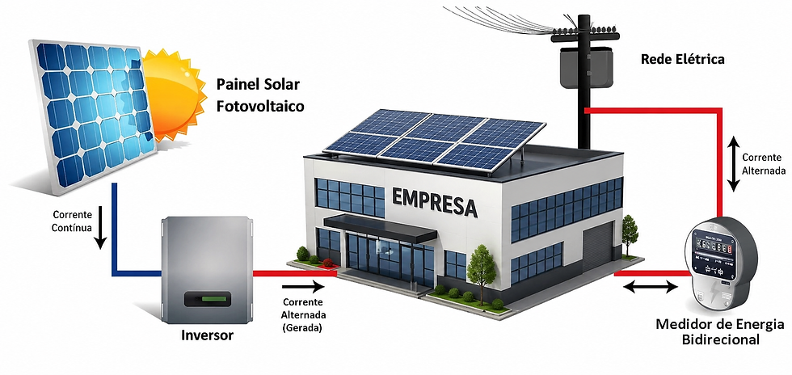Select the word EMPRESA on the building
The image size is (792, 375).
[435, 202]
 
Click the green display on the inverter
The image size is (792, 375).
[208, 300]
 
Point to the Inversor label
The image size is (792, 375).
[207, 335]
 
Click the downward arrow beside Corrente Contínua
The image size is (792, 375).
[101, 227]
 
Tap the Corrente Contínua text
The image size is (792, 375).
[72, 221]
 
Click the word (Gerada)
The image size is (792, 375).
[303, 327]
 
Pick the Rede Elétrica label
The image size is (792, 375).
[682, 59]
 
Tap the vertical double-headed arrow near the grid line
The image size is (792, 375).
[734, 164]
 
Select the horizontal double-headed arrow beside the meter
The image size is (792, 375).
[650, 287]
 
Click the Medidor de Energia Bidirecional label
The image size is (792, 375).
[720, 331]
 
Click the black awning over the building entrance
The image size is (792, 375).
[381, 227]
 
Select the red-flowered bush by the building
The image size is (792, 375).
[328, 263]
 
